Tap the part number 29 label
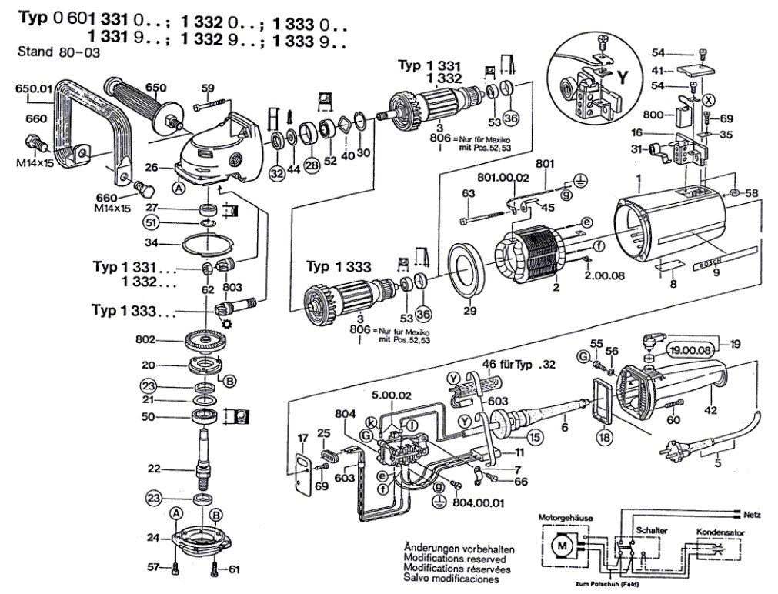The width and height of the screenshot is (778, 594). tap(469, 312)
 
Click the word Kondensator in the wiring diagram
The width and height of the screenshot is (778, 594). tap(720, 532)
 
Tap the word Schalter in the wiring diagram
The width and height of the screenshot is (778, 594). tap(651, 532)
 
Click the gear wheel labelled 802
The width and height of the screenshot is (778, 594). tap(205, 340)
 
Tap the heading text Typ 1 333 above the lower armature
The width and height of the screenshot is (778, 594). tap(339, 267)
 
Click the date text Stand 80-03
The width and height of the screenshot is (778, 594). tap(58, 54)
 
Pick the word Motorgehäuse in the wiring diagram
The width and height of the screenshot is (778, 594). tap(564, 519)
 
